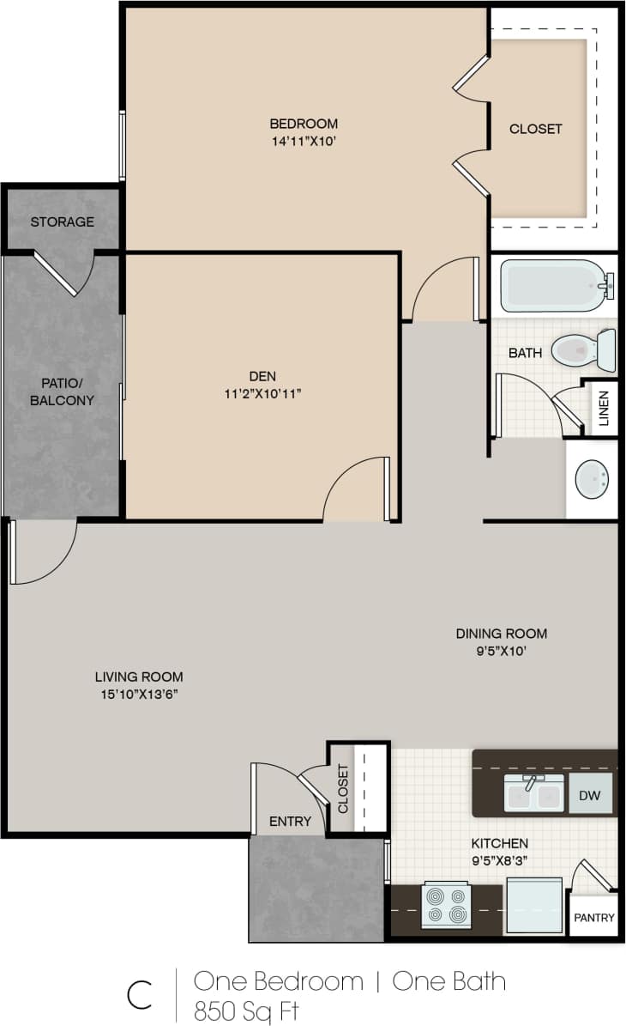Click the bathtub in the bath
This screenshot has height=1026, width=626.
[553, 286]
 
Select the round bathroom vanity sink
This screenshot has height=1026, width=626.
[591, 478]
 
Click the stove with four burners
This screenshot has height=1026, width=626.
[446, 905]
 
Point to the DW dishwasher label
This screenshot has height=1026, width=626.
[590, 796]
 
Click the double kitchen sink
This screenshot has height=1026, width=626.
[533, 794]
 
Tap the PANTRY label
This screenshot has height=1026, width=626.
[594, 918]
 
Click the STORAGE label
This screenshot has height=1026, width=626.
[63, 222]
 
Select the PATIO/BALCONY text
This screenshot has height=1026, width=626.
[62, 392]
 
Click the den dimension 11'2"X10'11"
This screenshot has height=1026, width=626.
[262, 393]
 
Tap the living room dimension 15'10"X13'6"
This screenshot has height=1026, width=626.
[139, 693]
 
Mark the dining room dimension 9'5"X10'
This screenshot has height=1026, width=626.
[501, 650]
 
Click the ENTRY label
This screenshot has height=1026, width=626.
[290, 822]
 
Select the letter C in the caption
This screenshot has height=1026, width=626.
[140, 995]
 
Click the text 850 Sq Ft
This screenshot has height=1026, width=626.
[247, 1009]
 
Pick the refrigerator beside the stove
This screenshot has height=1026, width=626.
[534, 906]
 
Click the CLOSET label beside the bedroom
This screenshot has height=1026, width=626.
[536, 129]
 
